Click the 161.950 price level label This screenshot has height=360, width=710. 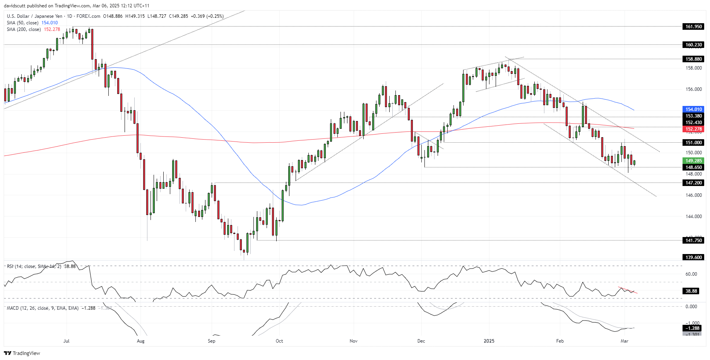(x=693, y=27)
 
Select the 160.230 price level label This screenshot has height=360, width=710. (x=693, y=45)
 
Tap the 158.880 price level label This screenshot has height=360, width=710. (x=693, y=59)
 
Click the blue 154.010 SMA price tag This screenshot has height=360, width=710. (x=693, y=109)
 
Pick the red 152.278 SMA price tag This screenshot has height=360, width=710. (x=693, y=129)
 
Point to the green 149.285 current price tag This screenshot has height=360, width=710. (x=693, y=161)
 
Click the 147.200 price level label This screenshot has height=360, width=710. (x=693, y=183)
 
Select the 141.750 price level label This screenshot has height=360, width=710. (x=693, y=241)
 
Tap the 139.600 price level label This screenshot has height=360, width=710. (x=693, y=258)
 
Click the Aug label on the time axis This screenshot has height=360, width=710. (x=140, y=341)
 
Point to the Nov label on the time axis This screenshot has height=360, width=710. (x=353, y=341)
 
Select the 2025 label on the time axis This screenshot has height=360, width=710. (x=489, y=341)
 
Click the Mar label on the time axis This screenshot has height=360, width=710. (x=624, y=341)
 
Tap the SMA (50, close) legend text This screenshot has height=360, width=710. (x=22, y=23)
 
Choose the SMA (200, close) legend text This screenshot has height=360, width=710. (x=24, y=29)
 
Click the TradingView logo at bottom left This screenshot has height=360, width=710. (x=22, y=353)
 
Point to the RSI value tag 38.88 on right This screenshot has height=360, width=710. (x=691, y=291)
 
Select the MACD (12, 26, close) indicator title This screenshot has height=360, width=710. (x=43, y=308)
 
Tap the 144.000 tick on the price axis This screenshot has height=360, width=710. (x=693, y=217)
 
